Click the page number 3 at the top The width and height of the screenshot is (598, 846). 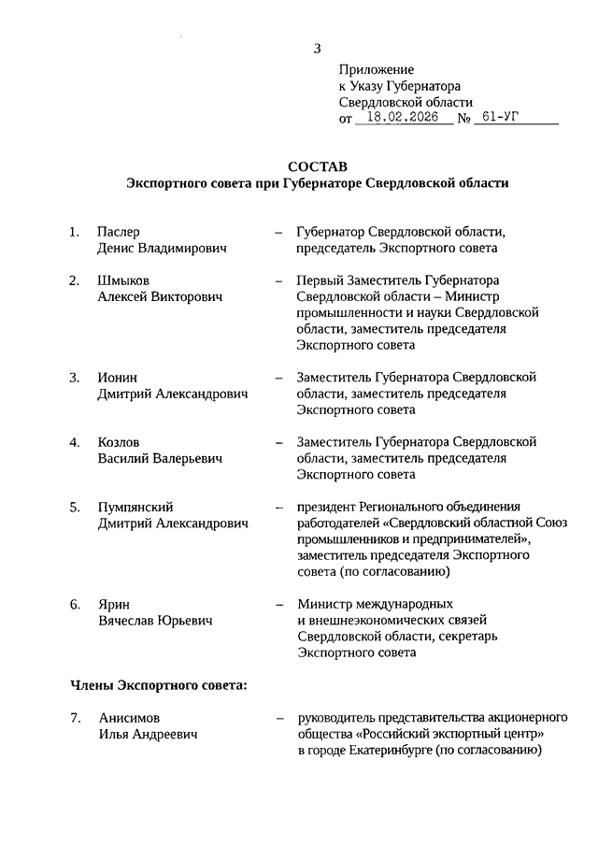click(x=318, y=49)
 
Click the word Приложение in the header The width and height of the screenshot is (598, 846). click(x=376, y=69)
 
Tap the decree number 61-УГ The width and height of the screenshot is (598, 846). click(x=495, y=119)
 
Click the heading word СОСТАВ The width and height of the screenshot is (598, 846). click(x=318, y=166)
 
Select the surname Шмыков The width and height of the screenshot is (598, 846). click(x=123, y=280)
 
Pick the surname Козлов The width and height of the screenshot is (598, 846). click(x=120, y=442)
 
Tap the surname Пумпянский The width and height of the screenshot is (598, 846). click(x=136, y=507)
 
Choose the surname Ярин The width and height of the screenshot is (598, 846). click(x=113, y=604)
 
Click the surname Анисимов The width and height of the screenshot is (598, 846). click(x=129, y=718)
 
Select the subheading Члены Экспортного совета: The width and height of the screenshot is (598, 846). click(x=159, y=685)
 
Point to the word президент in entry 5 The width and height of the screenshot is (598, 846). click(x=325, y=507)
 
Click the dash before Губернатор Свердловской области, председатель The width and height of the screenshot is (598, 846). click(x=278, y=232)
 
